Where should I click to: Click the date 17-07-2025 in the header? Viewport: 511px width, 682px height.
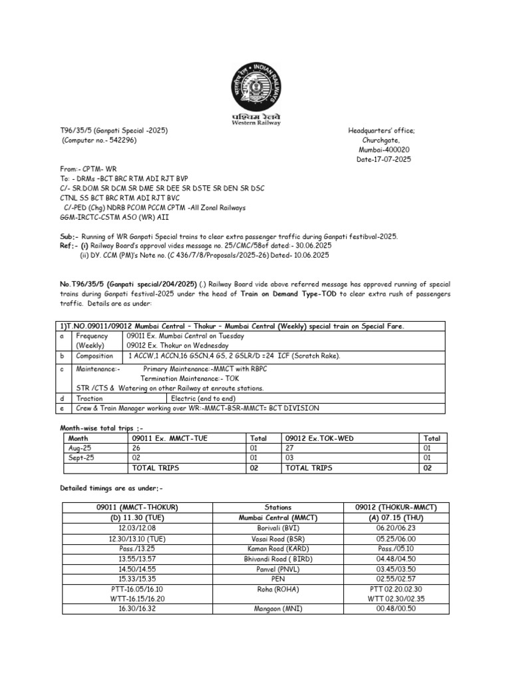tap(381, 160)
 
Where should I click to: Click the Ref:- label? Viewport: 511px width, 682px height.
tap(69, 246)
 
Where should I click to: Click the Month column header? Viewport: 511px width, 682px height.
tap(79, 438)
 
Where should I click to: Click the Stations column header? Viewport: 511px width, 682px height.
tap(277, 508)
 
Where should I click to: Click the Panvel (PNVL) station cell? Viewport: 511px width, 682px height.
tap(277, 569)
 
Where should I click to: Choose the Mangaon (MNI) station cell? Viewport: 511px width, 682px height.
tap(277, 608)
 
